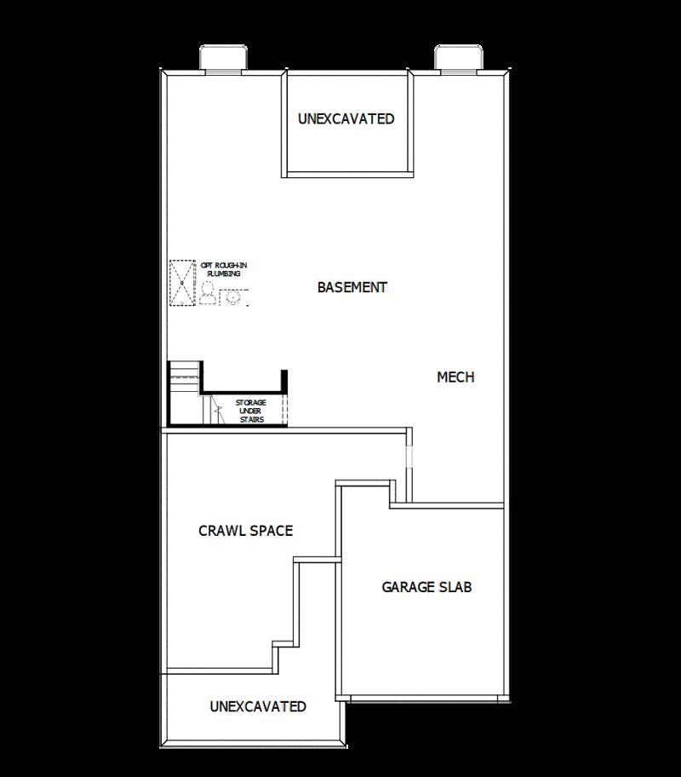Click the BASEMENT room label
(x=352, y=287)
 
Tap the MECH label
(x=455, y=377)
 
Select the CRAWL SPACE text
(x=245, y=531)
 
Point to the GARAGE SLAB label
(x=426, y=587)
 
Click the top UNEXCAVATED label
(x=346, y=119)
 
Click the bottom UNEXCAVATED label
(x=258, y=706)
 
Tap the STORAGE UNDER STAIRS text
(x=251, y=411)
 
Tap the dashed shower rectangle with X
(x=182, y=282)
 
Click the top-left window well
(x=224, y=58)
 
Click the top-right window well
(x=460, y=58)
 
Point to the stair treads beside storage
(x=184, y=375)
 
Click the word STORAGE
(x=251, y=402)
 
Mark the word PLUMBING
(x=224, y=274)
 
